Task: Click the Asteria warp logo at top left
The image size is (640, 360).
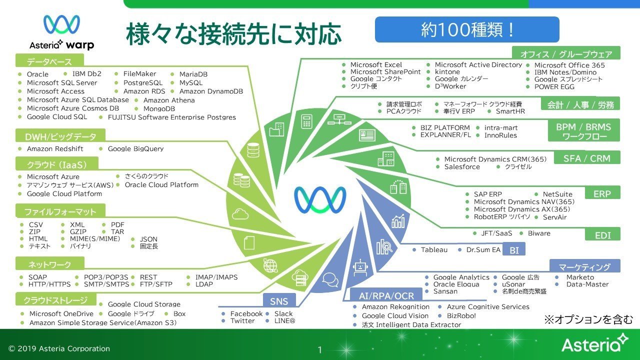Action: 61,32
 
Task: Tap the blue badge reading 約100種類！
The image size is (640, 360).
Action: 467,29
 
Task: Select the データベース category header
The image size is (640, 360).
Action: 49,61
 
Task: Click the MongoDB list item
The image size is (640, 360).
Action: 159,109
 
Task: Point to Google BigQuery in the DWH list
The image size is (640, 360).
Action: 135,149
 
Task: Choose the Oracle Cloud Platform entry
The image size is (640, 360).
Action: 161,185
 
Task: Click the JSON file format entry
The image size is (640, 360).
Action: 148,239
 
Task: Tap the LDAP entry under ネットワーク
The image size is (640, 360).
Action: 204,284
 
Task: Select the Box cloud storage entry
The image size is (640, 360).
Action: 179,313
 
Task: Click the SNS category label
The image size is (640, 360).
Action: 279,301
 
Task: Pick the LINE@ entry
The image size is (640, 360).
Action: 284,321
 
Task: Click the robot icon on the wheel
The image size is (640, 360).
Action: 360,267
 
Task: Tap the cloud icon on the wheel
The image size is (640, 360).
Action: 240,213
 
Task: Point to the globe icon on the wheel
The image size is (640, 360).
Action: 270,265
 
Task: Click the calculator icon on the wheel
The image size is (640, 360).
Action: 306,121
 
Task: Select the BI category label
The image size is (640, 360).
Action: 514,250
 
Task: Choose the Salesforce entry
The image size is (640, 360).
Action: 462,167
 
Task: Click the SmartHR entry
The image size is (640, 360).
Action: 510,111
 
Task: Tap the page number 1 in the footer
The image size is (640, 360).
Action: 320,349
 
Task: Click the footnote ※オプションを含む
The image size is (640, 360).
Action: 588,319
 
